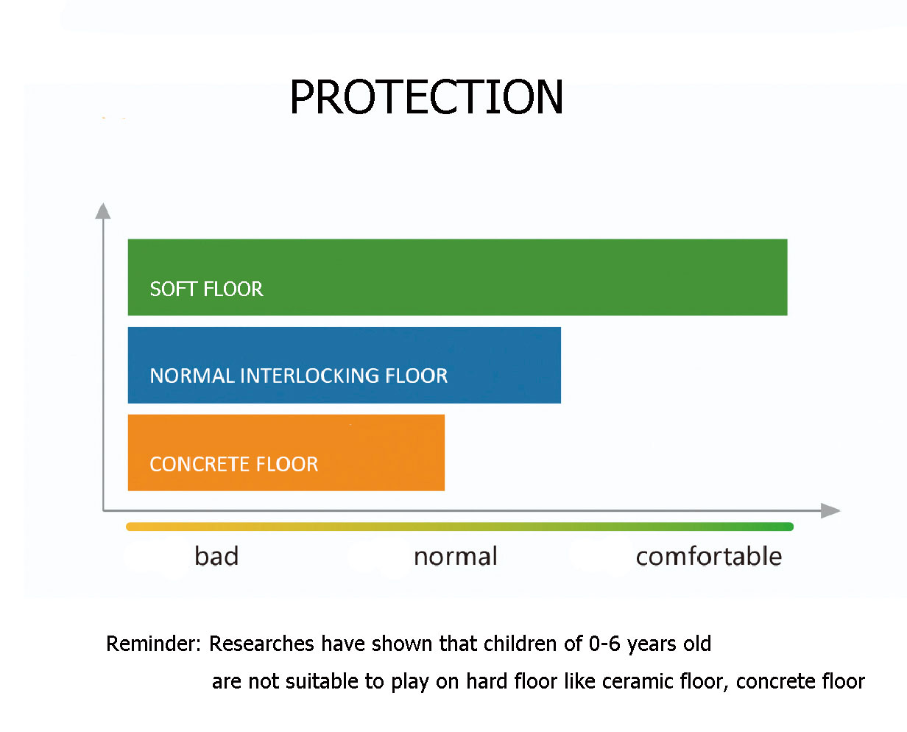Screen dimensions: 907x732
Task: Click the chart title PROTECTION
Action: (x=426, y=96)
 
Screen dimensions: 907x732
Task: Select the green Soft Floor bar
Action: (x=457, y=277)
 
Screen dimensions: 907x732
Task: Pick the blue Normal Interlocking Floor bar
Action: (x=345, y=365)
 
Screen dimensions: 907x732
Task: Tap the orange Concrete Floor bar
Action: (x=286, y=452)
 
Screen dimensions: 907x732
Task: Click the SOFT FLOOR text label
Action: (x=207, y=289)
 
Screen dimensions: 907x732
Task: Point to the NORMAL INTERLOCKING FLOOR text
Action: (x=299, y=376)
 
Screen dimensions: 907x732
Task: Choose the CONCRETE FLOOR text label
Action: (x=234, y=464)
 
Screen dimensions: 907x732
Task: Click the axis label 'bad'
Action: (x=216, y=555)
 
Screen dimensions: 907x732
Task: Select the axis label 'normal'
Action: (x=456, y=557)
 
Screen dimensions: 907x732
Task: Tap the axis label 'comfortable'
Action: (x=709, y=556)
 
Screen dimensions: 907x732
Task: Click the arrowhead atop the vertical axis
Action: (x=103, y=211)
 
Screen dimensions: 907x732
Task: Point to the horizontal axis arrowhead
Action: (x=830, y=510)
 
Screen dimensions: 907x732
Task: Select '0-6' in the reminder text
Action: (x=605, y=644)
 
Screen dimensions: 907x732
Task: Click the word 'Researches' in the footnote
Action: (x=262, y=644)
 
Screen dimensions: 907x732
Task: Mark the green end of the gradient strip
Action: (x=790, y=527)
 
